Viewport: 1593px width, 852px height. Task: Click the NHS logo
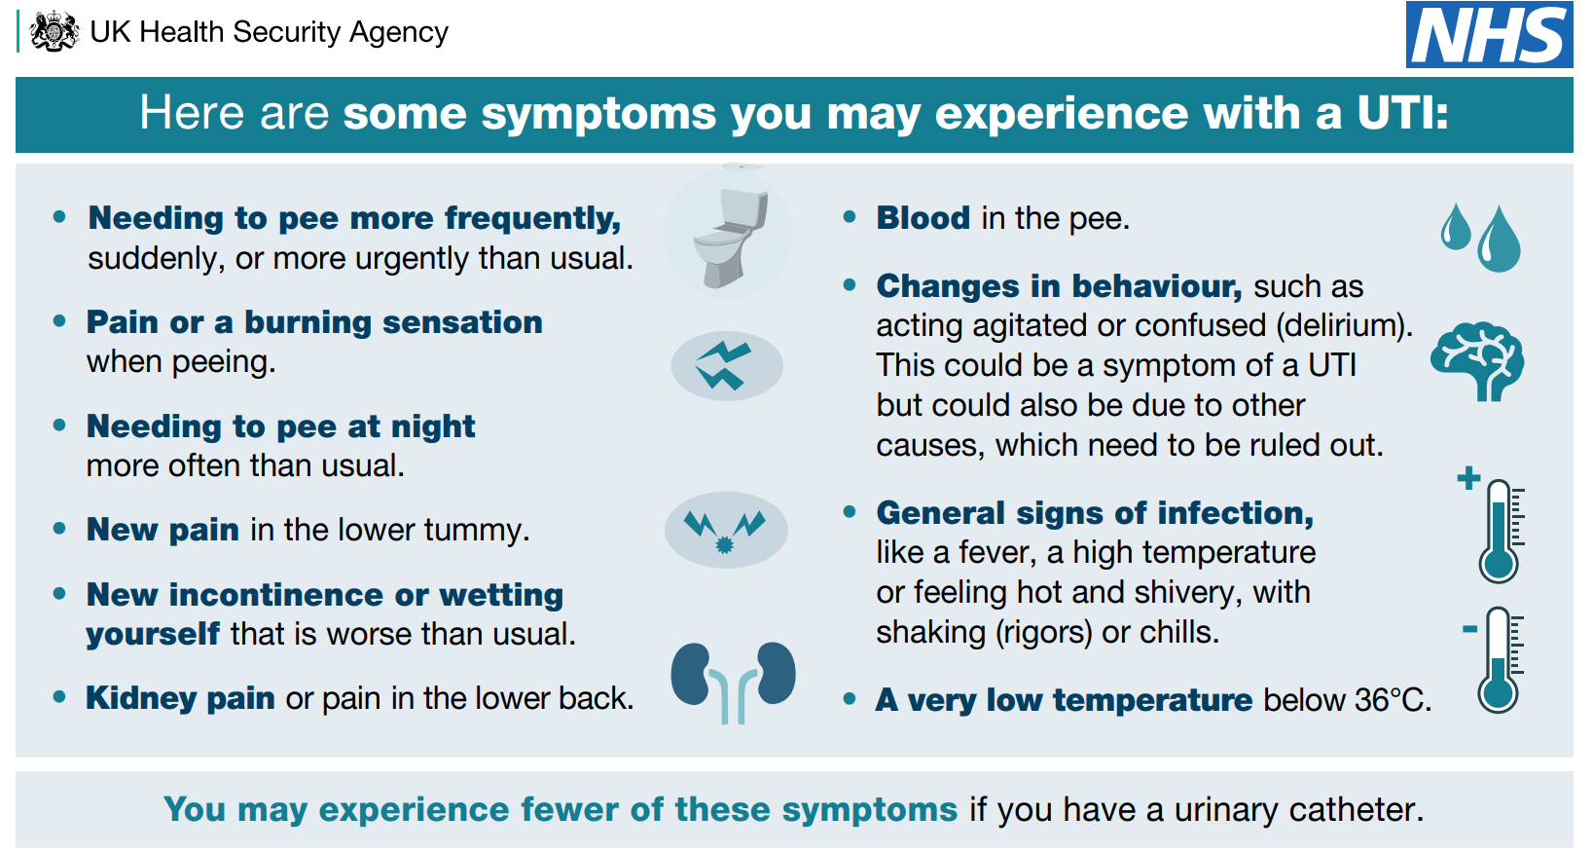[1489, 34]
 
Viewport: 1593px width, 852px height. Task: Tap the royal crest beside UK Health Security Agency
[54, 31]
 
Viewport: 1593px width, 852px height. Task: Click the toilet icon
[729, 237]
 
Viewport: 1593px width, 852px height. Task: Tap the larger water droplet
[1499, 239]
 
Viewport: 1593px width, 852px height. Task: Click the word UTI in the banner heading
[1402, 113]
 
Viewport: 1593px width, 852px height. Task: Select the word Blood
[923, 218]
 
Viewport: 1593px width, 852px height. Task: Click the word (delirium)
[1343, 326]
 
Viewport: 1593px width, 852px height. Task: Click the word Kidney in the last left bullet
[141, 699]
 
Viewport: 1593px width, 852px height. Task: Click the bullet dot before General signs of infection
[850, 512]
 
